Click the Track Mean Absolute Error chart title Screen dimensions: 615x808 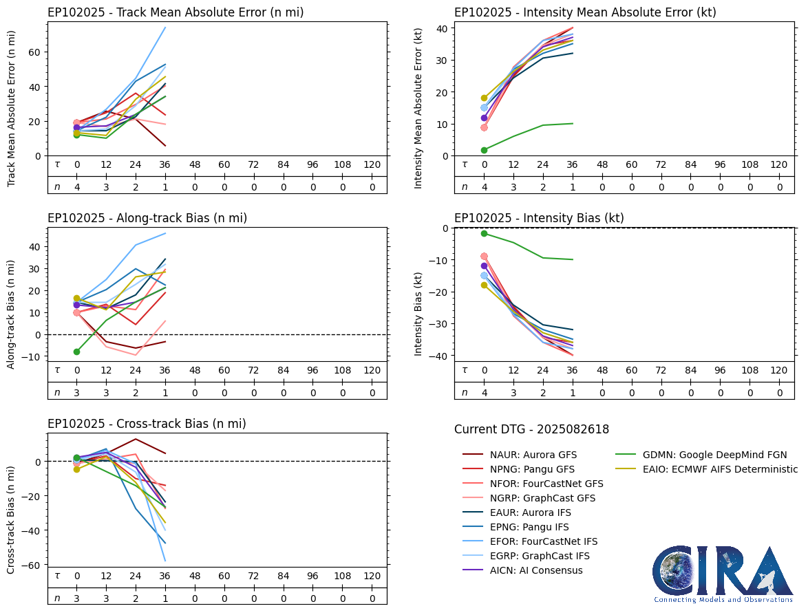point(176,12)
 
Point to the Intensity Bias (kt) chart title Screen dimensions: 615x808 point(539,218)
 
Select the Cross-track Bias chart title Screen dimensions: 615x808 point(147,424)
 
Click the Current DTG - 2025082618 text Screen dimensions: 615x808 point(531,429)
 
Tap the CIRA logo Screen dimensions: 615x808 point(723,574)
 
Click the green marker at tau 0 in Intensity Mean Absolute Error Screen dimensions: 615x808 point(485,150)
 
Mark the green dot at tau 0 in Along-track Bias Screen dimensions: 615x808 point(77,352)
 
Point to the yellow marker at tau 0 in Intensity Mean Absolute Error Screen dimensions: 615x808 point(485,98)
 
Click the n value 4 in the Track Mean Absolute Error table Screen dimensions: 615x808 point(77,187)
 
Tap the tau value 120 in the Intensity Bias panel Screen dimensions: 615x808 point(778,370)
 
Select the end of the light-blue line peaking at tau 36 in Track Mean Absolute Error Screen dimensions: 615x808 point(165,28)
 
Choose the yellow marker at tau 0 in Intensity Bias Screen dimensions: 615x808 point(485,285)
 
